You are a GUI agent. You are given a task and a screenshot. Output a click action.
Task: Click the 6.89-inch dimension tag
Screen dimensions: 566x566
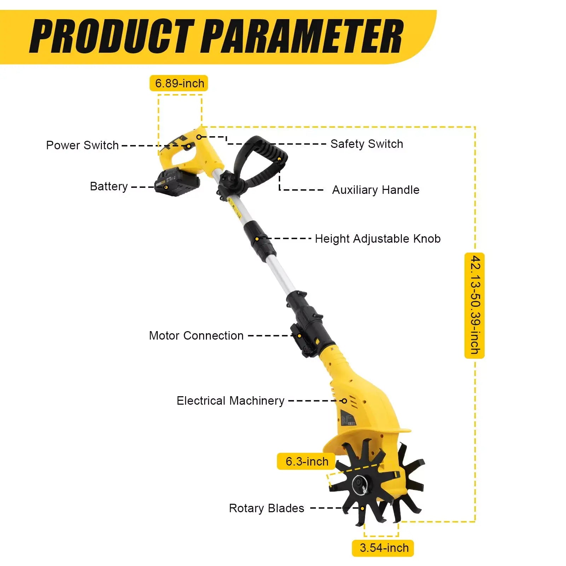coord(179,83)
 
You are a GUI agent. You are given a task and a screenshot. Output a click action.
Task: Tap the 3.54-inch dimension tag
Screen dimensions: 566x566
coord(383,548)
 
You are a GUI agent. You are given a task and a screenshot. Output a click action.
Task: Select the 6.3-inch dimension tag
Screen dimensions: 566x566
coord(306,461)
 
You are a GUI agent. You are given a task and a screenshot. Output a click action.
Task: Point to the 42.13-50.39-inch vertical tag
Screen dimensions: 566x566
coord(475,306)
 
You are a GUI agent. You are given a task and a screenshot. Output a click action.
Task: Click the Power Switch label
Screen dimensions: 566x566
coord(82,145)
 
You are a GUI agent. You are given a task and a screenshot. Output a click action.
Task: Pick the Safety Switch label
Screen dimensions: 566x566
coord(366,144)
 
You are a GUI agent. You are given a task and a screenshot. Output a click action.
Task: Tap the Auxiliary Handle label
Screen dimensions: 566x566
coord(375,190)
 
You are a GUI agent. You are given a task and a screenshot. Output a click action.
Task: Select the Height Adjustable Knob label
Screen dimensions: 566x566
coord(377,239)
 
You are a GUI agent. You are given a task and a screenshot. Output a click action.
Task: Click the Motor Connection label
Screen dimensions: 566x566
coord(196,335)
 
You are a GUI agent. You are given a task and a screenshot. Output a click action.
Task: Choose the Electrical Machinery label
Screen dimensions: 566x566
coord(230,401)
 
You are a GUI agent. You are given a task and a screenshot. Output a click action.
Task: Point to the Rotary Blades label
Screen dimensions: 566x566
coord(266,508)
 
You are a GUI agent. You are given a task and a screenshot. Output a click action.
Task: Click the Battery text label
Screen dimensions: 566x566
coord(109,186)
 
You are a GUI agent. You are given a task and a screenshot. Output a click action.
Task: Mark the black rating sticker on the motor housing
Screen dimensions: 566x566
coord(347,419)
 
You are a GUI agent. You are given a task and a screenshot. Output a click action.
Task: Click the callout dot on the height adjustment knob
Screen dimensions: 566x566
coord(257,239)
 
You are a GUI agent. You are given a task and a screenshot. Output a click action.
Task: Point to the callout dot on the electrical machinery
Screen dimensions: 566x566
coord(344,401)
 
